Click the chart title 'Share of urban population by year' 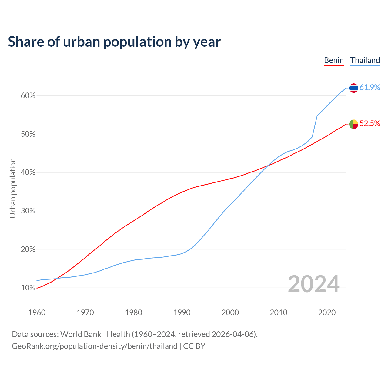(x=114, y=42)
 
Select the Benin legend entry (x=334, y=60)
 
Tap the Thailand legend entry (x=365, y=60)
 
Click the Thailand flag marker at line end (x=353, y=88)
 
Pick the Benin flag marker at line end (x=353, y=124)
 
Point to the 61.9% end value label (x=370, y=87)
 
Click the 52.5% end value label (x=370, y=123)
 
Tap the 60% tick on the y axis (x=28, y=96)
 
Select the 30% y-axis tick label (x=28, y=211)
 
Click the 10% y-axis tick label (x=28, y=288)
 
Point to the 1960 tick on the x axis (x=37, y=313)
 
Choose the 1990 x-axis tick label (x=182, y=313)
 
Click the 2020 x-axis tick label (x=327, y=313)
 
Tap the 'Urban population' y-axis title (x=13, y=188)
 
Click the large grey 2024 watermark (x=313, y=284)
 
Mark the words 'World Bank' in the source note (x=81, y=334)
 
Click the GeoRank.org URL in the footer (x=95, y=346)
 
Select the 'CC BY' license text (x=194, y=346)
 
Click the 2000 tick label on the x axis (x=230, y=313)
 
